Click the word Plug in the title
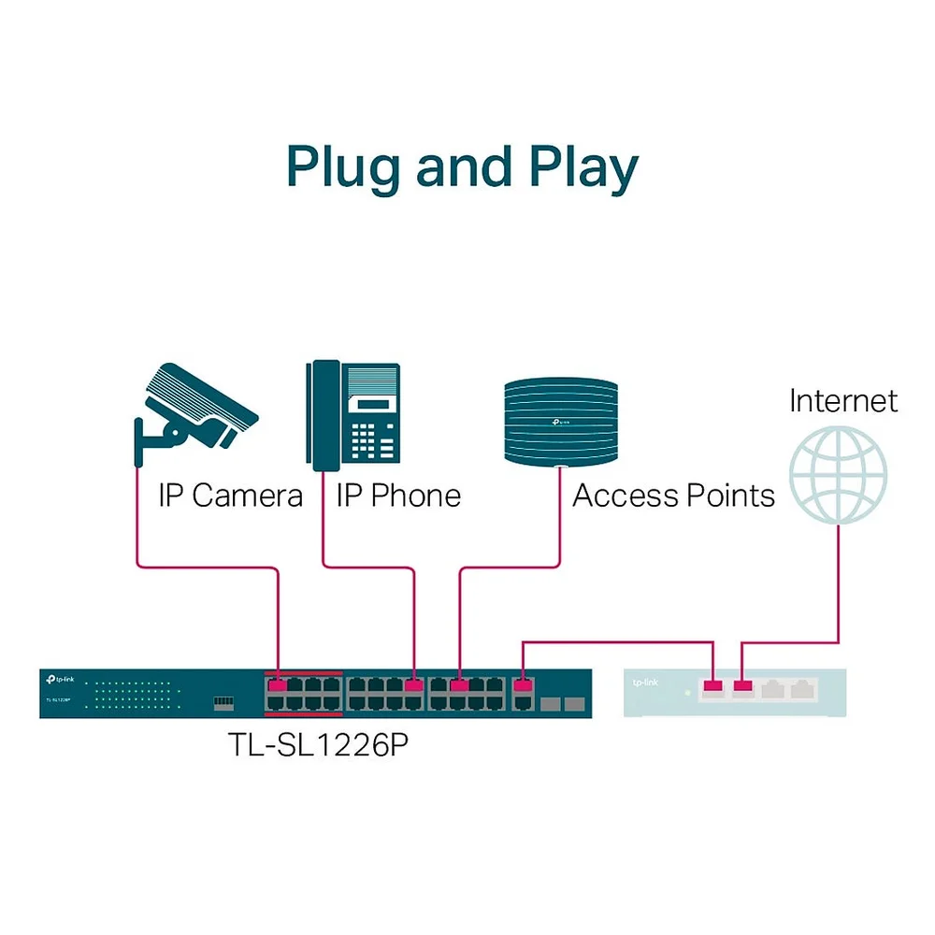coord(342,167)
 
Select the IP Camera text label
coord(230,496)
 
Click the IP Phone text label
coord(398,496)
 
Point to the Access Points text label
coord(673,496)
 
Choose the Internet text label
coord(842,401)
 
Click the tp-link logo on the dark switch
coord(61,683)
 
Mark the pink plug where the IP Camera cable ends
coord(278,686)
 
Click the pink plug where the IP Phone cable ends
coord(414,686)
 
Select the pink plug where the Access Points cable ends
coord(459,686)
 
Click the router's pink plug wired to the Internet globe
coord(743,689)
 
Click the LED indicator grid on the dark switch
coord(131,693)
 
